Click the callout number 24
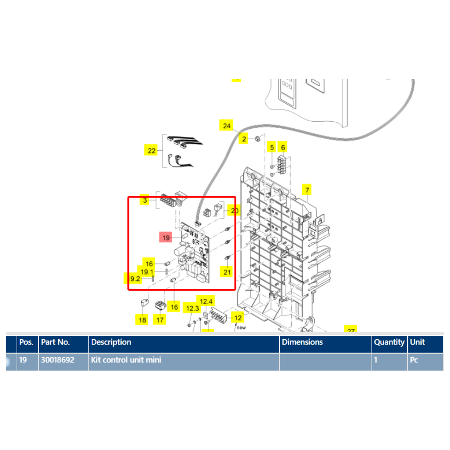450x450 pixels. pyautogui.click(x=226, y=125)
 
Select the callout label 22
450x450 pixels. pyautogui.click(x=151, y=150)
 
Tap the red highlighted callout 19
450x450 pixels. pyautogui.click(x=166, y=238)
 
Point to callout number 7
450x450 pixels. pyautogui.click(x=307, y=190)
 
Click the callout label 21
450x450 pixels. pyautogui.click(x=227, y=272)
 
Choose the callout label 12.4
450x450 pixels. pyautogui.click(x=207, y=301)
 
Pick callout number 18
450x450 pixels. pyautogui.click(x=142, y=320)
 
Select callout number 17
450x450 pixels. pyautogui.click(x=160, y=320)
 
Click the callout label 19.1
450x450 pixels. pyautogui.click(x=147, y=272)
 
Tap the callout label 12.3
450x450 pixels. pyautogui.click(x=192, y=308)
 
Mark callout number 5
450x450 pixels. pyautogui.click(x=272, y=147)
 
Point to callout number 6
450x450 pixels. pyautogui.click(x=283, y=147)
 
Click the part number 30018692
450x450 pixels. pyautogui.click(x=57, y=360)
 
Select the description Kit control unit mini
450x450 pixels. pyautogui.click(x=126, y=360)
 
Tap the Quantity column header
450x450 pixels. pyautogui.click(x=389, y=342)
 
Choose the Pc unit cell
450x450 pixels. pyautogui.click(x=414, y=360)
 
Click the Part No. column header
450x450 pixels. pyautogui.click(x=55, y=342)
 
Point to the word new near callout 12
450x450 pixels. pyautogui.click(x=242, y=328)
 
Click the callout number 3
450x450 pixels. pyautogui.click(x=145, y=200)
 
